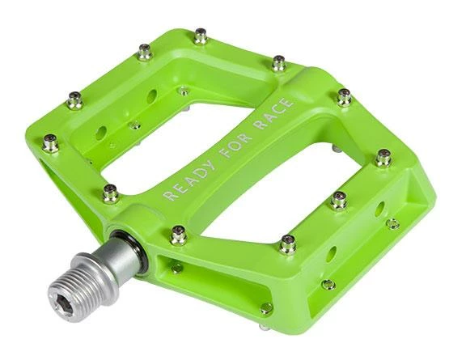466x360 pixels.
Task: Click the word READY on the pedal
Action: coord(190,180)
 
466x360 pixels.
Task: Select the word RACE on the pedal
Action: coord(275,113)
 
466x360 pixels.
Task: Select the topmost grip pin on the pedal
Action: coord(201,36)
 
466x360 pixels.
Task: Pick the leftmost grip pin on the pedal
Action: coord(50,143)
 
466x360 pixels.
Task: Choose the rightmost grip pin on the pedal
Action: coord(383,158)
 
